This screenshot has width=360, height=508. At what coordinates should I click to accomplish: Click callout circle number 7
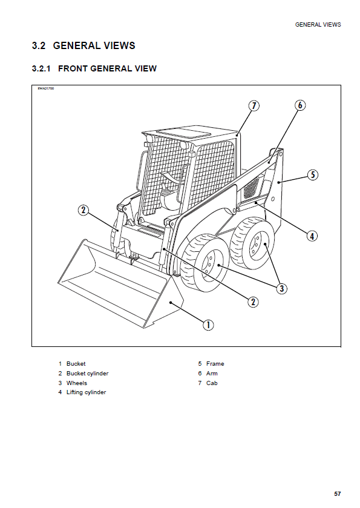click(x=254, y=105)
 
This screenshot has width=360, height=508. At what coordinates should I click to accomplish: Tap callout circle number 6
click(x=300, y=105)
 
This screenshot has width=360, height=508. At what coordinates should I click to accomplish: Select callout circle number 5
click(x=313, y=175)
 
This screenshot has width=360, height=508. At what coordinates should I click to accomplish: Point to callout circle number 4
click(x=312, y=236)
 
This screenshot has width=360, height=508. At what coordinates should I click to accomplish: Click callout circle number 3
click(x=282, y=288)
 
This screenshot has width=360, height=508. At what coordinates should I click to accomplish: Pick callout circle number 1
click(x=208, y=325)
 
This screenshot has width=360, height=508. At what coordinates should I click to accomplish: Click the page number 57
click(x=338, y=493)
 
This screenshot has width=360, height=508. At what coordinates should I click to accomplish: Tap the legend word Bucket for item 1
click(x=76, y=364)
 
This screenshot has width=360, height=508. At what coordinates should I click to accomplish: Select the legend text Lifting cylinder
click(x=86, y=392)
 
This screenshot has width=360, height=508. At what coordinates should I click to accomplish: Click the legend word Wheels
click(x=77, y=383)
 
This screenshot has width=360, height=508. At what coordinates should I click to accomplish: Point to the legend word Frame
click(x=215, y=364)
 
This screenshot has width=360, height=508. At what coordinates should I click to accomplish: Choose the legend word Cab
click(x=212, y=383)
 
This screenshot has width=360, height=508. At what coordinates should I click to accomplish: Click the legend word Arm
click(x=212, y=373)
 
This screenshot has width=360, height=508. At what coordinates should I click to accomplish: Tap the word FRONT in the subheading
click(x=73, y=68)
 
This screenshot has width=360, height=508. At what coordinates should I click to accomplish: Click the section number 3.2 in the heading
click(x=39, y=45)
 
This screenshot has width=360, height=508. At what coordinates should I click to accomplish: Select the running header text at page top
click(x=318, y=25)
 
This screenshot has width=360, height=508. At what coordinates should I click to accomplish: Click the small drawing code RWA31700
click(x=45, y=88)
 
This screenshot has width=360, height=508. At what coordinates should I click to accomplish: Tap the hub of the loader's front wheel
click(x=211, y=262)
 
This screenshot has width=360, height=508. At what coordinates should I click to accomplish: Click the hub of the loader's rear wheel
click(x=258, y=245)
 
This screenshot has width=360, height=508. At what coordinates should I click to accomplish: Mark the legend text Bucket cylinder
click(x=87, y=374)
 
